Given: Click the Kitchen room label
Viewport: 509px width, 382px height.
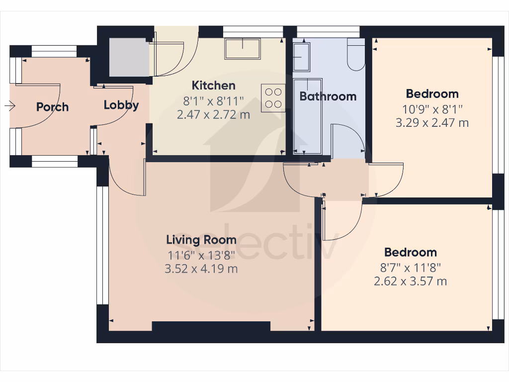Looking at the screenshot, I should pyautogui.click(x=214, y=85).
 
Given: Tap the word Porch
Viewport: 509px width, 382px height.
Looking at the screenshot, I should pyautogui.click(x=52, y=107).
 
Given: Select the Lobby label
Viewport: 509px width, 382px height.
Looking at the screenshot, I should pyautogui.click(x=121, y=105).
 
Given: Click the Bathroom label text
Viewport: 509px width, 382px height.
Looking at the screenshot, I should pyautogui.click(x=328, y=96).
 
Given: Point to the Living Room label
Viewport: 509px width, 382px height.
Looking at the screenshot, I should pyautogui.click(x=201, y=240).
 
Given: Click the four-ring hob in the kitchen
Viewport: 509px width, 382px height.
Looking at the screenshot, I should pyautogui.click(x=273, y=97).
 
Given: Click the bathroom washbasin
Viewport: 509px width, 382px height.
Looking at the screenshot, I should pyautogui.click(x=301, y=57).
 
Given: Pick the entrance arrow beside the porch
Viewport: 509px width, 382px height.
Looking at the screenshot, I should pyautogui.click(x=9, y=105).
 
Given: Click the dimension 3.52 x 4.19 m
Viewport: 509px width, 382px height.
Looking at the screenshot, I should pyautogui.click(x=201, y=269).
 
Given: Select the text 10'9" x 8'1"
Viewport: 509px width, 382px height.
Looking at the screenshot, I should pyautogui.click(x=432, y=108).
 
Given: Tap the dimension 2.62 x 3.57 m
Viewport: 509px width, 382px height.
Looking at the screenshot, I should pyautogui.click(x=410, y=282).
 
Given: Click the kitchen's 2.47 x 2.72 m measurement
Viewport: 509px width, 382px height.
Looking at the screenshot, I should pyautogui.click(x=214, y=115).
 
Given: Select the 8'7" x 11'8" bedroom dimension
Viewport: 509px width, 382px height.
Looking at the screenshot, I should pyautogui.click(x=410, y=268).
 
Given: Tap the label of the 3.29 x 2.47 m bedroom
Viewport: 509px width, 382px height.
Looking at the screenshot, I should pyautogui.click(x=432, y=94).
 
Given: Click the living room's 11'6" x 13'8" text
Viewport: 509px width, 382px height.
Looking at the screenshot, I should pyautogui.click(x=201, y=255).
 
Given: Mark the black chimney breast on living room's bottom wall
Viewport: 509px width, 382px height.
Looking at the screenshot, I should pyautogui.click(x=211, y=326).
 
